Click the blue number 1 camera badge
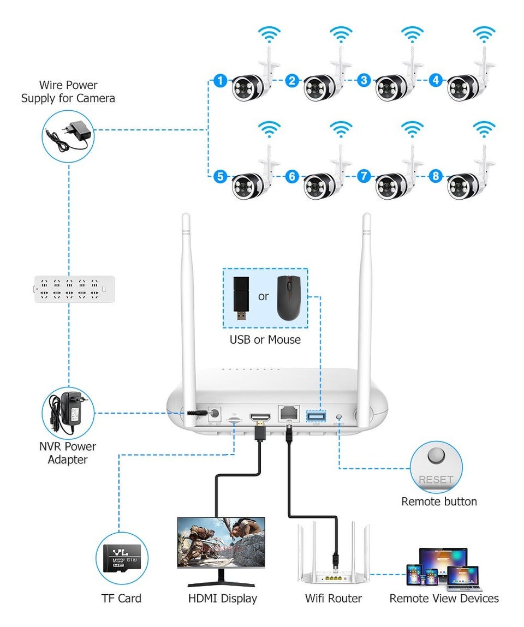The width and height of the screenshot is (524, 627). (220, 81)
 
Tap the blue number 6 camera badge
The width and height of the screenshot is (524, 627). (292, 176)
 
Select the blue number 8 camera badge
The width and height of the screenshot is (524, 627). (436, 176)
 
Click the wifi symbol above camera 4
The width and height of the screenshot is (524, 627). (483, 34)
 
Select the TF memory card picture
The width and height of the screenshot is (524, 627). (122, 558)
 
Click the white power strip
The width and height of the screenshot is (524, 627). (75, 289)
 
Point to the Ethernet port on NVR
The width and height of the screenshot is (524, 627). (288, 413)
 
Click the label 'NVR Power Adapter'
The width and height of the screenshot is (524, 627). (68, 453)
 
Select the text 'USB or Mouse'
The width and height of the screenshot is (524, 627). (265, 339)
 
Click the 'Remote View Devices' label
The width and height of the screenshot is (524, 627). (444, 599)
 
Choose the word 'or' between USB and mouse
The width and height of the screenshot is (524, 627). (264, 297)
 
